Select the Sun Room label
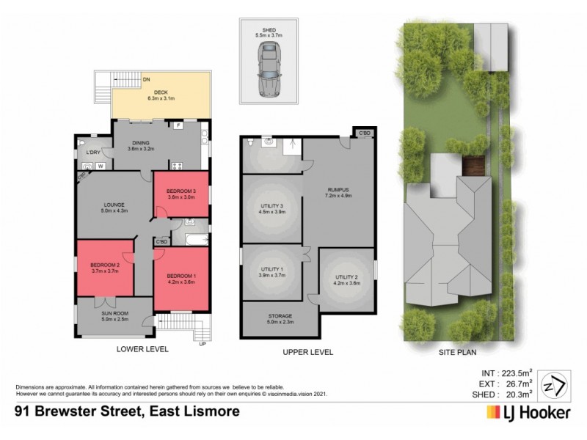point(114,317)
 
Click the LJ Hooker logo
point(527,413)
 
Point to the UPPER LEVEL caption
point(308,352)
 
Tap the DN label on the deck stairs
point(147,79)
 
